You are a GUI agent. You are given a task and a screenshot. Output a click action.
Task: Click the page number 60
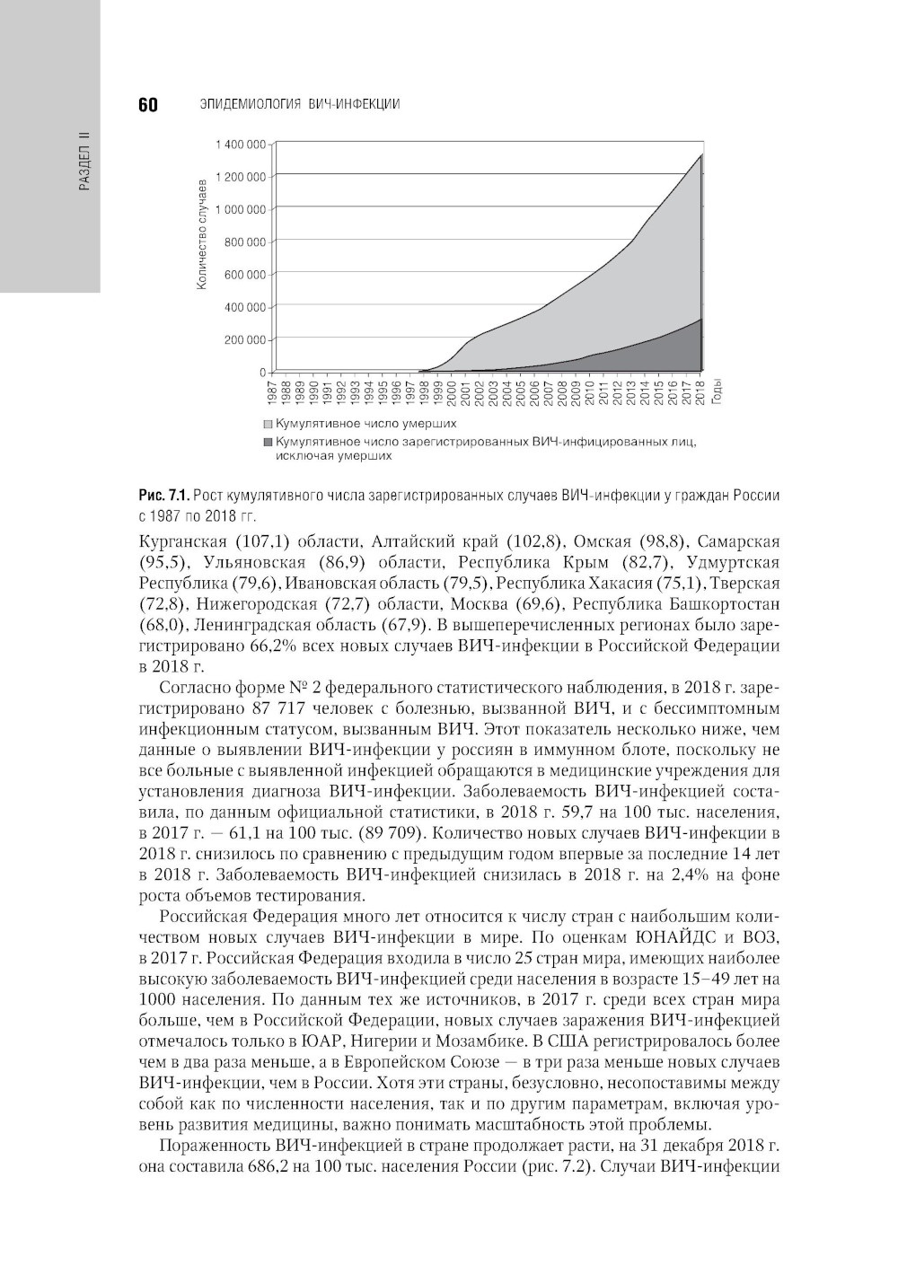148,105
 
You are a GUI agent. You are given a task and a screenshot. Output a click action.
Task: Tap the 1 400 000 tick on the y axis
241,145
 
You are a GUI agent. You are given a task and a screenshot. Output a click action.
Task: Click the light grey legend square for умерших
269,424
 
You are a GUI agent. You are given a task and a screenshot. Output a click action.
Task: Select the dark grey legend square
269,442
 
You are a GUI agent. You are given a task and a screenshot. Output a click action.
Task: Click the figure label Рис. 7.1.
163,496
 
